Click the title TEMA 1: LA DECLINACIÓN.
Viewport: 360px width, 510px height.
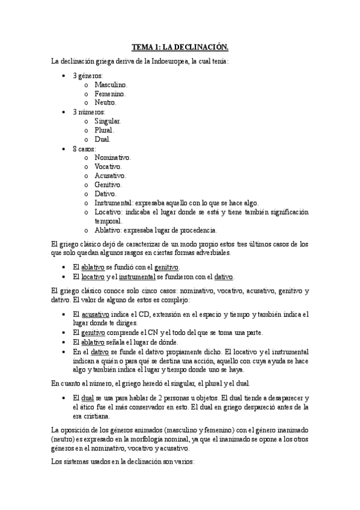point(180,47)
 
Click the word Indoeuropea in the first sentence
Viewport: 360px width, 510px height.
point(157,61)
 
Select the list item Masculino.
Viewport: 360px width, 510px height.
point(111,85)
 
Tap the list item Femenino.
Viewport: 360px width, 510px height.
point(110,94)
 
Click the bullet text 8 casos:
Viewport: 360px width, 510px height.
point(84,148)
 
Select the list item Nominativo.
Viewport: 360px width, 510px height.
point(112,157)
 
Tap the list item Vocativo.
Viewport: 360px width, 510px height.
point(108,166)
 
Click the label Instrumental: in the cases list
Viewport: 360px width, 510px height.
point(114,203)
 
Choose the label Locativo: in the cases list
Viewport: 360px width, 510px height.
point(109,212)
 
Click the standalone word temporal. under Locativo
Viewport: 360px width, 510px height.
point(108,221)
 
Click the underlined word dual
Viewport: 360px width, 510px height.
point(87,398)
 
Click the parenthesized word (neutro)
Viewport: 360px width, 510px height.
point(64,439)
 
